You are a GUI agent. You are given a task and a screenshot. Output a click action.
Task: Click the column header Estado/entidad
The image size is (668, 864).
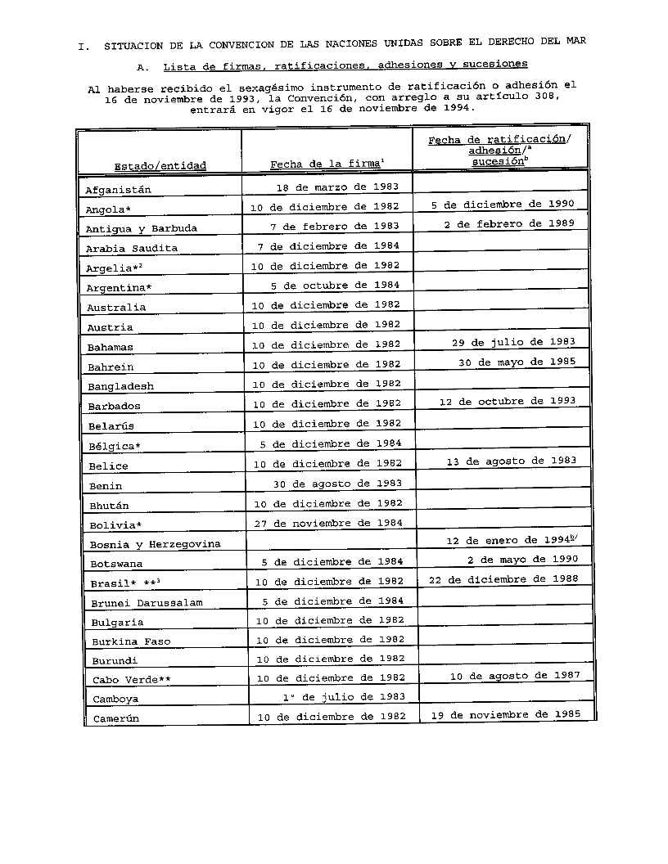pyautogui.click(x=160, y=166)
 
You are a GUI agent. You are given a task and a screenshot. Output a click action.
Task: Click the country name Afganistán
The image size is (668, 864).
pyautogui.click(x=118, y=190)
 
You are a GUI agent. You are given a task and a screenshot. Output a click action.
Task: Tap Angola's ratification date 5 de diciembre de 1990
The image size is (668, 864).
pyautogui.click(x=503, y=205)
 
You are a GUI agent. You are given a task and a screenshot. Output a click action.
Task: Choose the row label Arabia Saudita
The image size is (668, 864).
pyautogui.click(x=132, y=248)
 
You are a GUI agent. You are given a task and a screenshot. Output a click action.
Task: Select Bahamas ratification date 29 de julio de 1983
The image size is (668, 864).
pyautogui.click(x=513, y=341)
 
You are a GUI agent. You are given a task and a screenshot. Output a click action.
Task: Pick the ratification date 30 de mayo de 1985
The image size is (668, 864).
pyautogui.click(x=517, y=361)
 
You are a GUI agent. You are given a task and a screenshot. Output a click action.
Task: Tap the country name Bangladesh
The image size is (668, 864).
pyautogui.click(x=120, y=386)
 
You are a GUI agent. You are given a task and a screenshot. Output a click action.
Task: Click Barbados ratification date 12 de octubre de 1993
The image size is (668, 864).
pyautogui.click(x=507, y=401)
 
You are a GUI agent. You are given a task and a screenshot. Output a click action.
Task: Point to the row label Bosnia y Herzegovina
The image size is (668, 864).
pyautogui.click(x=155, y=544)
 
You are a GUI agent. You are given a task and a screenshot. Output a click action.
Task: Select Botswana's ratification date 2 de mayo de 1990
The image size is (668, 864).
pyautogui.click(x=522, y=560)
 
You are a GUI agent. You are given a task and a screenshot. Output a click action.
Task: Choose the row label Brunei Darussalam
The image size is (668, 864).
pyautogui.click(x=147, y=603)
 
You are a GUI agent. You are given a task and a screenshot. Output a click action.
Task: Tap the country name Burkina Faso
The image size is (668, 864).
pyautogui.click(x=131, y=641)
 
